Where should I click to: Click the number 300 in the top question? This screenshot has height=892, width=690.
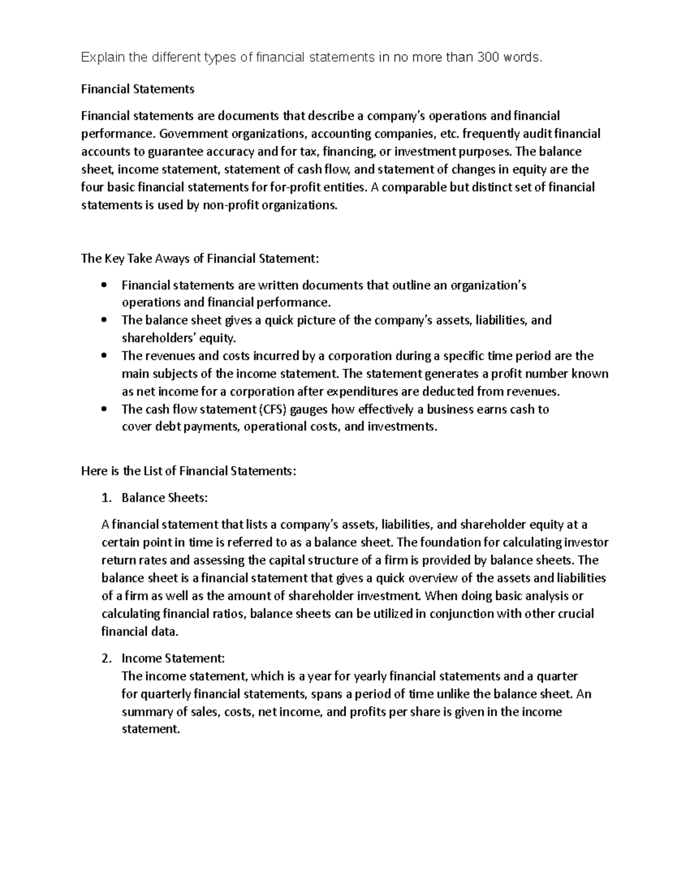(x=489, y=57)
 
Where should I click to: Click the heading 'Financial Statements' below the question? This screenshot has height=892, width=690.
(x=137, y=90)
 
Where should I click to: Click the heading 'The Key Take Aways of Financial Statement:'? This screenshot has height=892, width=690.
(x=200, y=258)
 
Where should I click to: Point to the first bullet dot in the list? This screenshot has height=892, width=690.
(x=104, y=285)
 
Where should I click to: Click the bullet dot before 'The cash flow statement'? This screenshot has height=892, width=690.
(x=104, y=409)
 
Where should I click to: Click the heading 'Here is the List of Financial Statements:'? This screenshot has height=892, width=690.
(x=189, y=472)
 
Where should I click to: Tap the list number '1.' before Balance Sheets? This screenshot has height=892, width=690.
(x=106, y=498)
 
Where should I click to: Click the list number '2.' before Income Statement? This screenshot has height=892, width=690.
(x=106, y=659)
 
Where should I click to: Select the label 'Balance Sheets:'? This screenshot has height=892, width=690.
(x=164, y=498)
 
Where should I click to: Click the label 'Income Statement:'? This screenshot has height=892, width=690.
(x=173, y=659)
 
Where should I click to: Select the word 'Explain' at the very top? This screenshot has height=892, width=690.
(x=98, y=57)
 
